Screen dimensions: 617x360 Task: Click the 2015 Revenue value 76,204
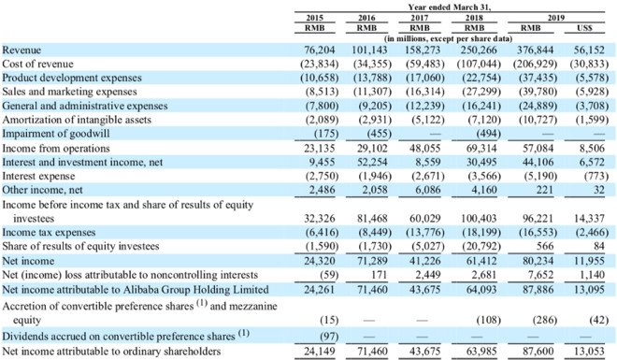tap(320, 50)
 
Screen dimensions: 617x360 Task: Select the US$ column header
tap(584, 28)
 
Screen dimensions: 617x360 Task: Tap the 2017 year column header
tap(420, 18)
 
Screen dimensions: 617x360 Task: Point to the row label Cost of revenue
tap(37, 64)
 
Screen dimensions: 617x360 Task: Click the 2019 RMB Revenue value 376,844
tap(536, 50)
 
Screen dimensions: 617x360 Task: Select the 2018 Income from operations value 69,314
tap(479, 149)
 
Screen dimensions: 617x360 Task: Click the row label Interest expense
tap(38, 176)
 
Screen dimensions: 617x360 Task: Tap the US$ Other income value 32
tap(599, 190)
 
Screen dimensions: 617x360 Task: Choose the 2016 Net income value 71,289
tap(372, 261)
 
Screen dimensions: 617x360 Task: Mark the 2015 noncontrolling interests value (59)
tap(329, 275)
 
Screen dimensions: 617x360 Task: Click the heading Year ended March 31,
tap(450, 7)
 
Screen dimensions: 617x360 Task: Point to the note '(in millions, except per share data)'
tap(448, 38)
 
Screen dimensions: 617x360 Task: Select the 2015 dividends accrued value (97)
tap(329, 337)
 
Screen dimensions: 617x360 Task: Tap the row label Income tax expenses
tap(49, 232)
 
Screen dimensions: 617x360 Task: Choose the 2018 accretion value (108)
tap(488, 320)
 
